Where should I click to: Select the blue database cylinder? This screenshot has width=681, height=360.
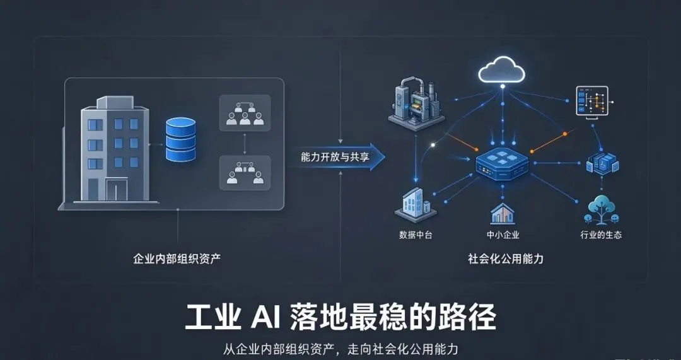180,139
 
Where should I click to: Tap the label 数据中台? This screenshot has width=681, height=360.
416,235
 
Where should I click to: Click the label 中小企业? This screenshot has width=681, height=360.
503,235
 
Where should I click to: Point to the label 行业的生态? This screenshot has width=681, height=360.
601,235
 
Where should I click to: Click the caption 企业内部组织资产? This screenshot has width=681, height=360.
177,259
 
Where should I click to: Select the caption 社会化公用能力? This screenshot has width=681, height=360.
506,259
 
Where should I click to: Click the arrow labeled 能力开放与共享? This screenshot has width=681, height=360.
337,156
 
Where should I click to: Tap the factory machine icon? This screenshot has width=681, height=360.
416,104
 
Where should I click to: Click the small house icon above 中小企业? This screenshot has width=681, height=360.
503,214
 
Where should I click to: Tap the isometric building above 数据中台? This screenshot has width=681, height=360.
415,205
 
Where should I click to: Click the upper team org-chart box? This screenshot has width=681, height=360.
245,113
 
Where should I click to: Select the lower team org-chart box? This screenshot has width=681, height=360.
245,173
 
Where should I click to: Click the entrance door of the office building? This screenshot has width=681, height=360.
117,190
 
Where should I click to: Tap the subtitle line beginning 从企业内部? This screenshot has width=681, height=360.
340,349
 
